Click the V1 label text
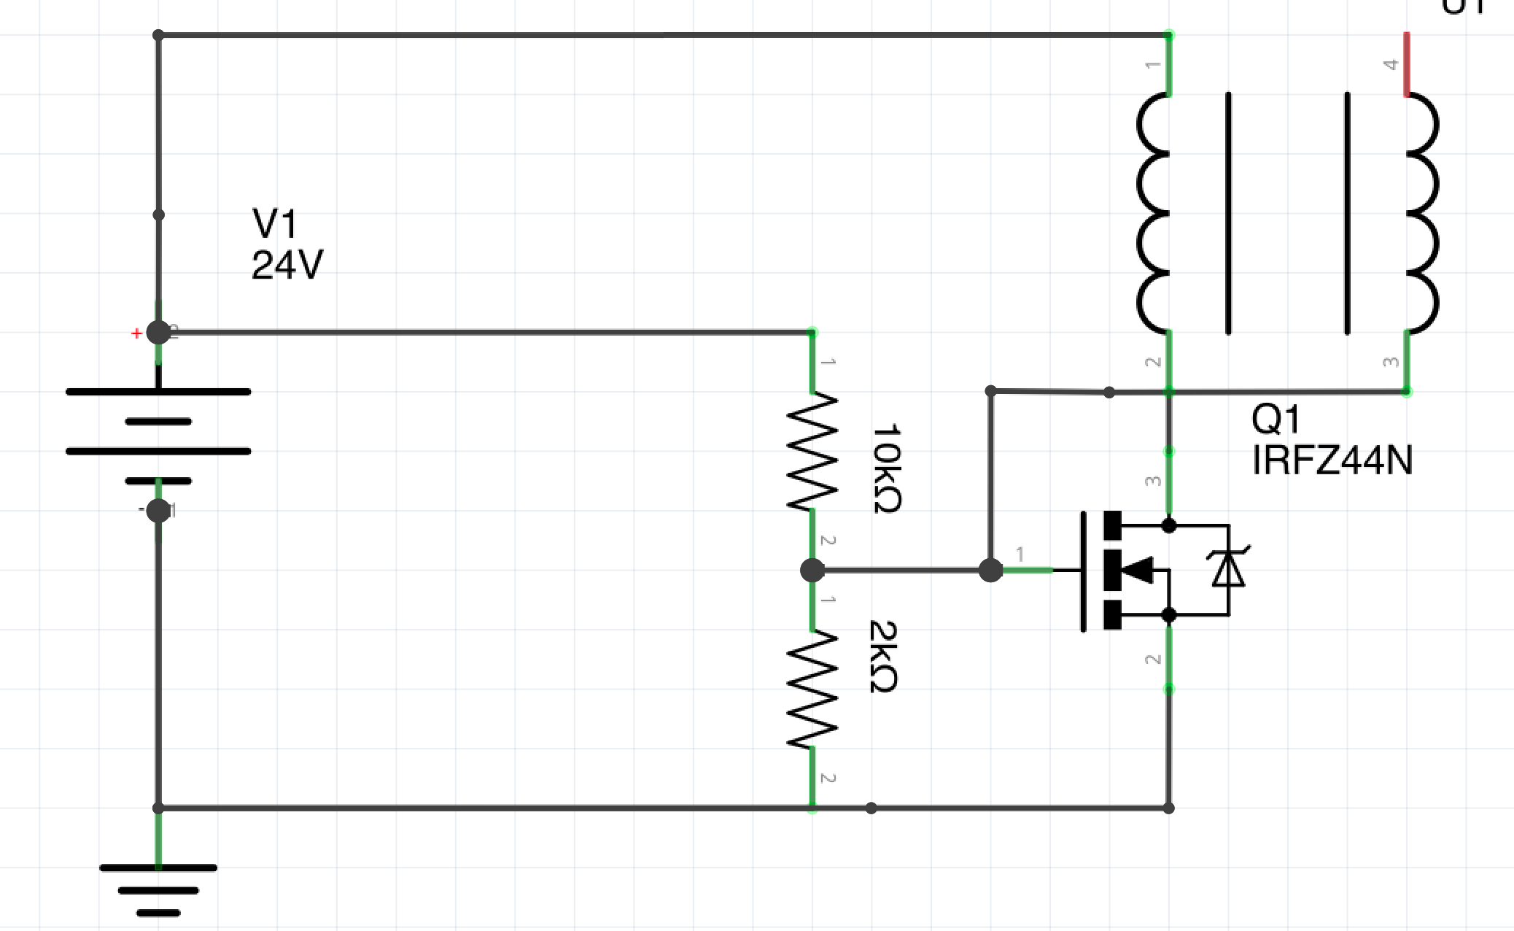(x=274, y=223)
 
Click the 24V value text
(x=287, y=265)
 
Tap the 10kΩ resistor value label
(x=887, y=468)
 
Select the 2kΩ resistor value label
(x=883, y=656)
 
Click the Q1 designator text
(x=1276, y=420)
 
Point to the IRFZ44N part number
(x=1332, y=460)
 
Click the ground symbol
(x=158, y=889)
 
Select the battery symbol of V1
(x=158, y=436)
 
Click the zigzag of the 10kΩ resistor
(x=812, y=452)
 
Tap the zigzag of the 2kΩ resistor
(x=812, y=689)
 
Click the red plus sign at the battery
(x=136, y=333)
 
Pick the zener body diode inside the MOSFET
(x=1228, y=569)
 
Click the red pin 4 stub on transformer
(x=1407, y=64)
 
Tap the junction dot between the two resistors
(x=812, y=570)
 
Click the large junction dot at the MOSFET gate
(x=990, y=570)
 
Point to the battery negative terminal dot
(x=158, y=511)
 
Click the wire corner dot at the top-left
(x=158, y=35)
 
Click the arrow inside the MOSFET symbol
(x=1136, y=570)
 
